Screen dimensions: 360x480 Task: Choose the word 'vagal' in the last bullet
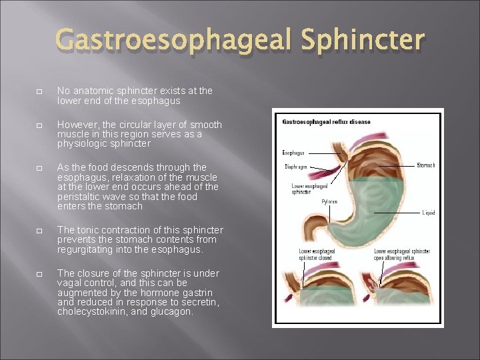point(71,283)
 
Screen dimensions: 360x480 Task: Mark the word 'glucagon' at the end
point(173,311)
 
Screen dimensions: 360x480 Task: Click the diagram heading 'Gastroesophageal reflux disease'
point(326,122)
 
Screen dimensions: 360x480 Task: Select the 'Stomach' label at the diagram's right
point(425,165)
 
